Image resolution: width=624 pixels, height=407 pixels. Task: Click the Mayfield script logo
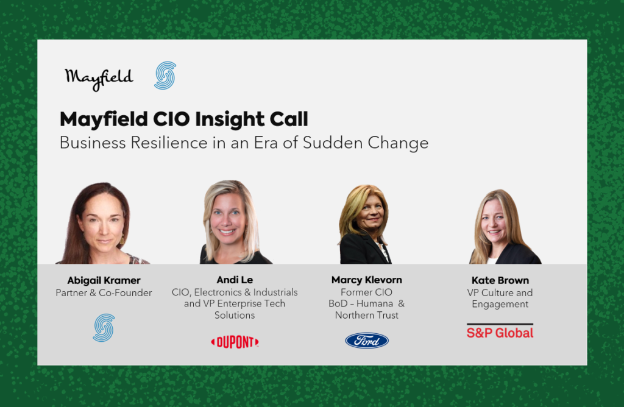99,79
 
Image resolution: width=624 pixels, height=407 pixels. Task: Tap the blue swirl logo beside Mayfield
165,76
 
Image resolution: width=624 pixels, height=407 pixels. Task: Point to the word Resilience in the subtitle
169,143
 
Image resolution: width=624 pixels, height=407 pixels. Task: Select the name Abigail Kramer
104,280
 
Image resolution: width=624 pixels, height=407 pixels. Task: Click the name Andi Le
235,280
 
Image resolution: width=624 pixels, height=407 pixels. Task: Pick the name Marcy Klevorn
366,280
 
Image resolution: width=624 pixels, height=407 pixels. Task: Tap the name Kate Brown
500,280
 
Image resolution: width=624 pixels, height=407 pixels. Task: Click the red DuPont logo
235,342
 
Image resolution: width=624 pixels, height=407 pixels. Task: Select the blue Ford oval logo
366,341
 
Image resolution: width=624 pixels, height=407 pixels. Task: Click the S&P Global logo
500,331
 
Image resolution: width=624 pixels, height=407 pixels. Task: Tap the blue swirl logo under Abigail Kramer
104,328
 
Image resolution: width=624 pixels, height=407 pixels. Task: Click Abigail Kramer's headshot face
102,220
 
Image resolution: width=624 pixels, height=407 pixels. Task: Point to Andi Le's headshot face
227,216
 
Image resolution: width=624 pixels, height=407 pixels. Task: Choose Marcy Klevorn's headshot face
370,215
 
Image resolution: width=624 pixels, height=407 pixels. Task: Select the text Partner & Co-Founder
104,293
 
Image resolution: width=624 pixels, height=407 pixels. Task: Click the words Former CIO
366,292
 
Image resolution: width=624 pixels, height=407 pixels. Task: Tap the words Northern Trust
366,315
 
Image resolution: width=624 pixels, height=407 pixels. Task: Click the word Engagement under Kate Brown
500,305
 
